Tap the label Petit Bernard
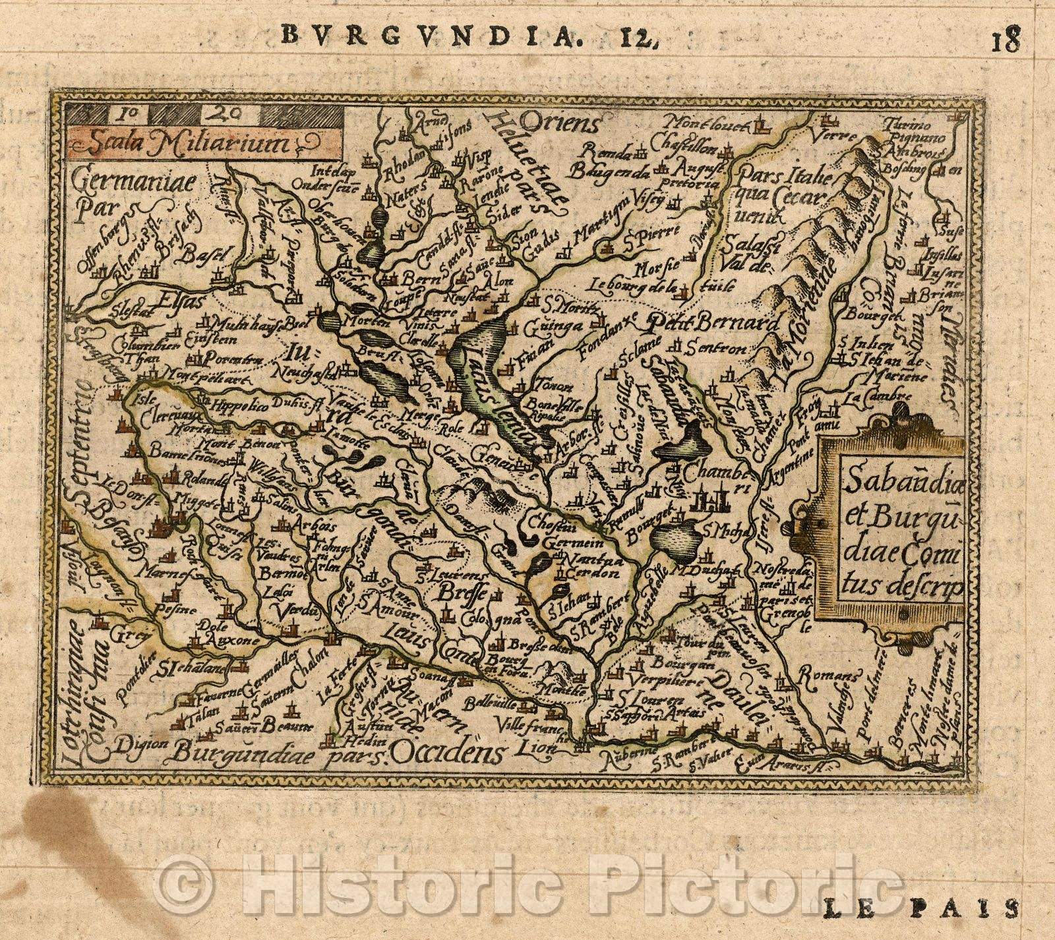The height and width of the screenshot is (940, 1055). pyautogui.click(x=711, y=324)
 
